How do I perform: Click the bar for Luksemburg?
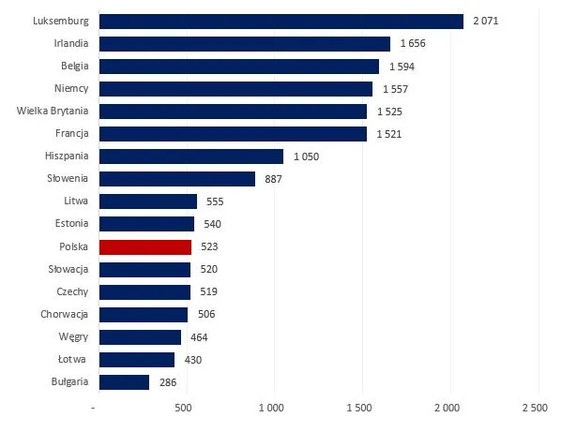281,21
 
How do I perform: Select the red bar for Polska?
144,247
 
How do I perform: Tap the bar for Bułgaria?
123,382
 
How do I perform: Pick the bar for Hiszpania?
190,156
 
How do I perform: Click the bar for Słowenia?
176,179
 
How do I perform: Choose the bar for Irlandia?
244,43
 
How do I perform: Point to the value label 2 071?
486,21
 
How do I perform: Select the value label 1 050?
306,156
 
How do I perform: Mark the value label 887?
276,179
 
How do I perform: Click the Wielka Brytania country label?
53,112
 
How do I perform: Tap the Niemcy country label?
71,89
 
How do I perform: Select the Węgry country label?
72,337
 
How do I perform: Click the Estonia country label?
70,224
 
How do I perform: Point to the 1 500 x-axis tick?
361,409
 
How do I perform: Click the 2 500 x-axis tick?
537,409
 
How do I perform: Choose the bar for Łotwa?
136,360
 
